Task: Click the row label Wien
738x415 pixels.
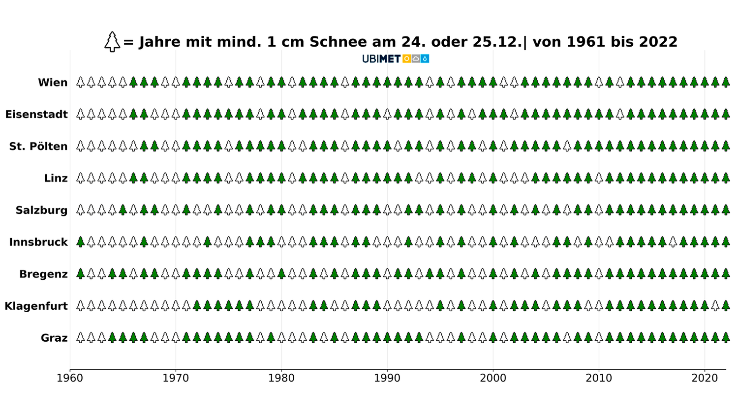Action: [x=53, y=83]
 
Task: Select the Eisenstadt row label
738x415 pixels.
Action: [x=36, y=115]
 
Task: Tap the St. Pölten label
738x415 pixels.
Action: [x=38, y=147]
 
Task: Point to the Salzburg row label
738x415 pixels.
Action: [x=41, y=210]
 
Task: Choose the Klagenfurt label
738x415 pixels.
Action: [x=36, y=306]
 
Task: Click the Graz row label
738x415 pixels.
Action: [x=54, y=338]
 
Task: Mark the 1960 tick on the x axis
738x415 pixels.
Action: [x=70, y=378]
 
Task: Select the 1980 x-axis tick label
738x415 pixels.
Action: [x=281, y=378]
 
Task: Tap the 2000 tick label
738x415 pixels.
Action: [x=493, y=378]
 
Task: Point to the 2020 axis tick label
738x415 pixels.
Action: [x=705, y=378]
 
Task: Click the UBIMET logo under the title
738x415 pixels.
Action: [x=396, y=59]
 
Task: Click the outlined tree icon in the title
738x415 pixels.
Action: [x=112, y=42]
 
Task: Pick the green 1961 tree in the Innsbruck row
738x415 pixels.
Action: [x=81, y=242]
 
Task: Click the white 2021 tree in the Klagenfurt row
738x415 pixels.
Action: [x=715, y=306]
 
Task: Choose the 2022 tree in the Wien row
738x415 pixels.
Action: [x=726, y=82]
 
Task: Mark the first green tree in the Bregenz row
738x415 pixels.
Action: [x=81, y=274]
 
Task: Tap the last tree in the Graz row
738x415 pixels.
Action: [x=726, y=338]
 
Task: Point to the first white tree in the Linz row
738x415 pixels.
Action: [x=81, y=178]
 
